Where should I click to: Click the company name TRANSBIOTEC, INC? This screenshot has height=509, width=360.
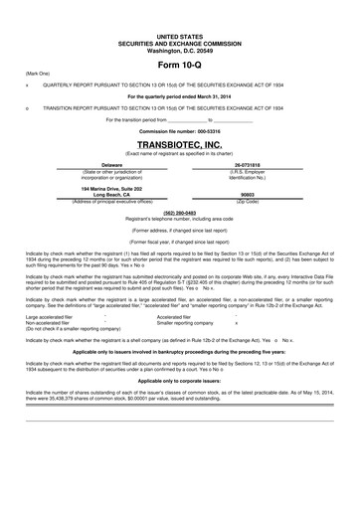pos(179,143)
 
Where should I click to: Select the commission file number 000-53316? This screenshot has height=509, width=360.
pos(179,131)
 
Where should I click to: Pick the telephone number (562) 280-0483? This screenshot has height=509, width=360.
pos(179,212)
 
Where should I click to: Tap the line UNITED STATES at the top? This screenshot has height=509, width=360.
pos(179,33)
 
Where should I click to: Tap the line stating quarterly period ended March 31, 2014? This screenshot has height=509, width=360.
pos(179,95)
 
